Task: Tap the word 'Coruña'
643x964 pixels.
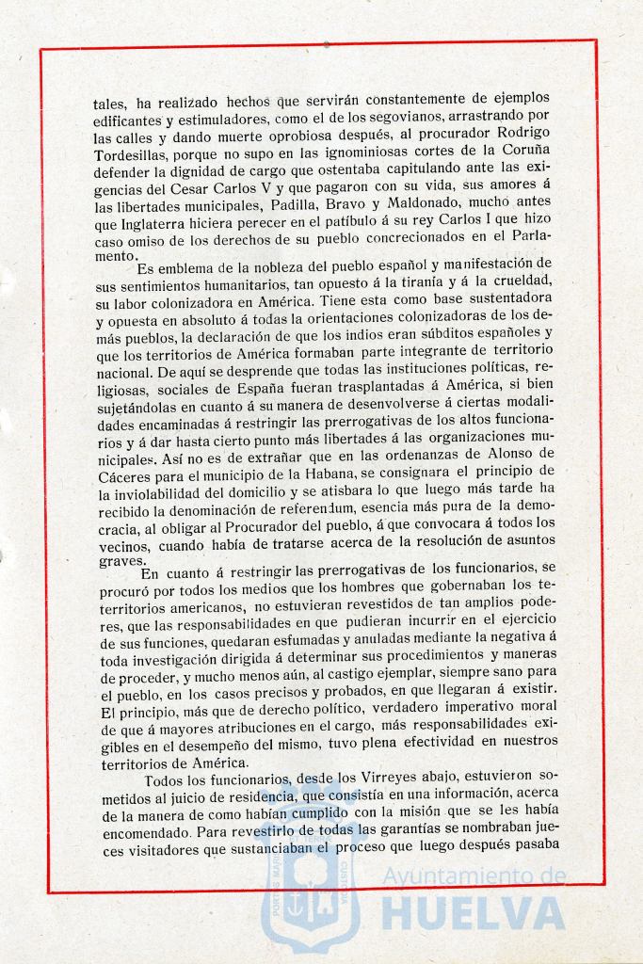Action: point(522,152)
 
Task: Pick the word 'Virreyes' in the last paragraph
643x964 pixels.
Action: point(367,777)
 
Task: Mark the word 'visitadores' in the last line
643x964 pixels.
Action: point(172,844)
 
